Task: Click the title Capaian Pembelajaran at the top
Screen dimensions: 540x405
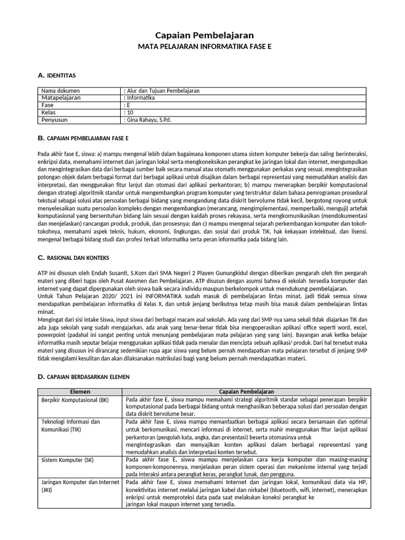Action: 205,35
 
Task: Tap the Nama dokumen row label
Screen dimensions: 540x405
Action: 60,91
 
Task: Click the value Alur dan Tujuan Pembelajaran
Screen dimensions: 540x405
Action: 162,91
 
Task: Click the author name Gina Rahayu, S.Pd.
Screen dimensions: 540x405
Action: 148,120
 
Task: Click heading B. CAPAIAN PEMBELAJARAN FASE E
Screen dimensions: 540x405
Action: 83,138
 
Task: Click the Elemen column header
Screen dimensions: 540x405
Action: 80,392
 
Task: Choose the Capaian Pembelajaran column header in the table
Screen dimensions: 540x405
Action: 246,392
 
